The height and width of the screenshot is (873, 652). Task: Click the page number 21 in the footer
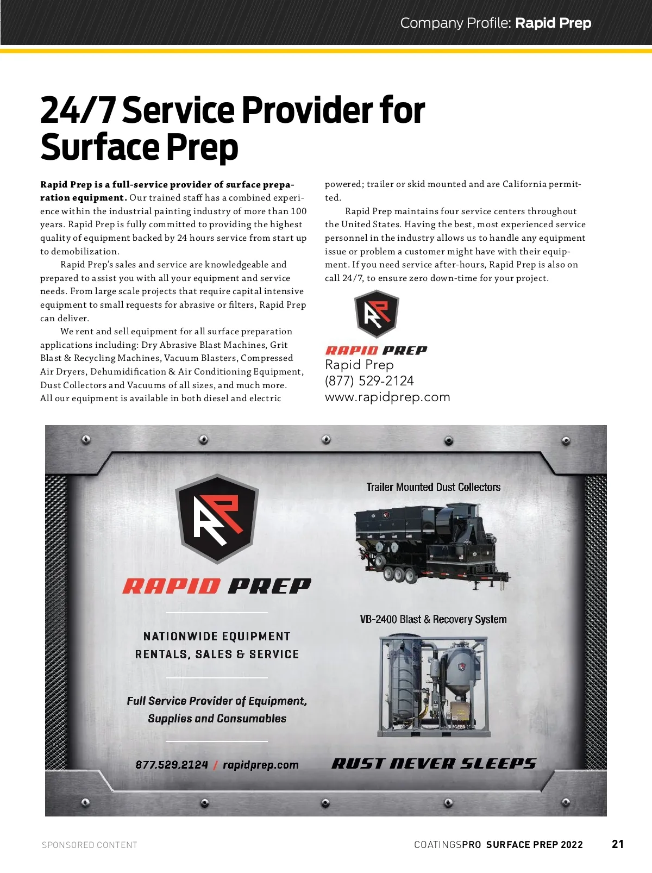point(618,844)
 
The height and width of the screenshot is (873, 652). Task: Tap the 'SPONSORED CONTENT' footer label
point(90,845)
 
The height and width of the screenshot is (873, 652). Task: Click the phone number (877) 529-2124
point(369,381)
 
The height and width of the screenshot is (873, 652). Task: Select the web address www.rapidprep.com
point(387,397)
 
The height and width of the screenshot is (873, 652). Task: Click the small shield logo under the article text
point(377,314)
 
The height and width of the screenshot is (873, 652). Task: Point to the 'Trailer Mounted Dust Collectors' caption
point(433,487)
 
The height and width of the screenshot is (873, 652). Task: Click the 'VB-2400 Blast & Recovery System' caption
point(433,619)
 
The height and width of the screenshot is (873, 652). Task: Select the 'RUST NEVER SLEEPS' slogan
point(434,764)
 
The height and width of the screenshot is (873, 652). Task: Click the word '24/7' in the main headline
point(77,110)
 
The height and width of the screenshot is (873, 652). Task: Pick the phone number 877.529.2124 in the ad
point(172,765)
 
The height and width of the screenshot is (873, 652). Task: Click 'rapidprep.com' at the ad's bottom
point(261,765)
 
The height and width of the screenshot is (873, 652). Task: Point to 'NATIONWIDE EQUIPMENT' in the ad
point(217,637)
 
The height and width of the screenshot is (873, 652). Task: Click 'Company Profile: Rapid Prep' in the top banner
point(496,23)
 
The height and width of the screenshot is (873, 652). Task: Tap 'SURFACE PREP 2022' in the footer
point(534,844)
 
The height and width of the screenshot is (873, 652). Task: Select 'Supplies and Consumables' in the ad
point(217,718)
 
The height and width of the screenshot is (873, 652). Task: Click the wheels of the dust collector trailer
point(399,575)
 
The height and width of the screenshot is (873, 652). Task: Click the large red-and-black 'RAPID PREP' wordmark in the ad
point(217,585)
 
